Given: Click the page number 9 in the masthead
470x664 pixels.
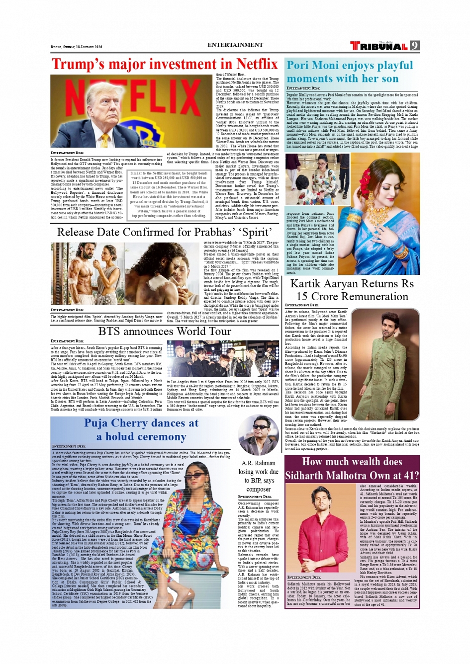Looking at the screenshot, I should pos(414,46).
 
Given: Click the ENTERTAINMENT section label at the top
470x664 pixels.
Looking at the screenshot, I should pos(235,45).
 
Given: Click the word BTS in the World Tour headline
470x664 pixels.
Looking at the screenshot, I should pos(110,332).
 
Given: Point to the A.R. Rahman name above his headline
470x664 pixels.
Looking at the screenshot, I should pos(258,463).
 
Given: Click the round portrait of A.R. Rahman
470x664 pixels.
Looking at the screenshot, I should pos(258,435).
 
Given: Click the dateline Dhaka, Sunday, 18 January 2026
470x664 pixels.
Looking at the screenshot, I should pos(76,47).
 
